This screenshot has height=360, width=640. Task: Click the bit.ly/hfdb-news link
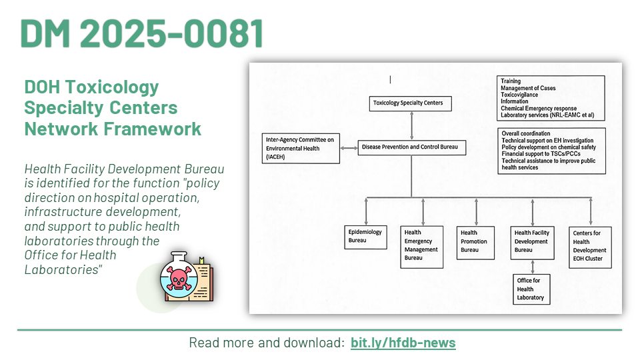point(403,343)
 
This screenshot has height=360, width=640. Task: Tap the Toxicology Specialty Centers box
point(410,103)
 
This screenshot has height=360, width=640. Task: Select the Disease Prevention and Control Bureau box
point(412,147)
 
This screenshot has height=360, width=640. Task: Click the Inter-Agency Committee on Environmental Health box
point(301,148)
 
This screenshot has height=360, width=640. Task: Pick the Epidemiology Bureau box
point(365,237)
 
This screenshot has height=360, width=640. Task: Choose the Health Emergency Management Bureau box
point(421,247)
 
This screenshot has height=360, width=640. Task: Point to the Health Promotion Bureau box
point(475,243)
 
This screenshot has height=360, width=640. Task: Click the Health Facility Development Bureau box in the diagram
point(532,243)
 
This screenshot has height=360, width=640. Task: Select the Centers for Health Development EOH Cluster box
point(590,247)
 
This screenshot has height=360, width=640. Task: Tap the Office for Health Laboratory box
point(531,289)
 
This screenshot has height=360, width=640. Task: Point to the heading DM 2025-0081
point(141,33)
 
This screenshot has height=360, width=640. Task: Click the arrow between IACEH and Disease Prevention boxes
point(349,148)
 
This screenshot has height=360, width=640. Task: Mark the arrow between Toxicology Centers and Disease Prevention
point(411,126)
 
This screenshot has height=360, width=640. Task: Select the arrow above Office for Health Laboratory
point(532,267)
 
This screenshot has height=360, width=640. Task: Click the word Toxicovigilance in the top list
point(519,95)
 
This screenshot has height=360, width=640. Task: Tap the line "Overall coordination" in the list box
point(526,133)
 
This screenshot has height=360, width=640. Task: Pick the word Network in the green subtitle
point(61,129)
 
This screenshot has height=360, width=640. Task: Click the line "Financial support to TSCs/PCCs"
point(541,154)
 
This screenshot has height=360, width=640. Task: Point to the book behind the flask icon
point(202,281)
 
